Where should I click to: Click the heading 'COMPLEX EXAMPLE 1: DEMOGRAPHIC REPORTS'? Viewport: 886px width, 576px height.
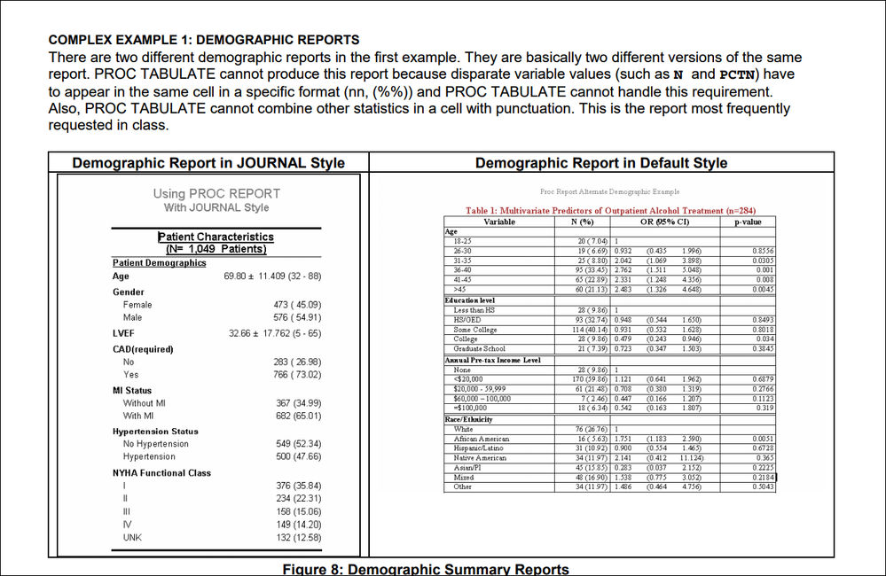click(203, 40)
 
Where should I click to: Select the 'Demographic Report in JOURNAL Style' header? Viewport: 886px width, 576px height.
click(208, 163)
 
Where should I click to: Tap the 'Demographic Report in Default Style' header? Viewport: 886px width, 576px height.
click(601, 163)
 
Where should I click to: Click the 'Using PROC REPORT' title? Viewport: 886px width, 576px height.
click(216, 193)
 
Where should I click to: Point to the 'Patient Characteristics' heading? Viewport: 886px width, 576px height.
click(216, 237)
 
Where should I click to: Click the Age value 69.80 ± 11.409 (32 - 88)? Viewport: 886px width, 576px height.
click(272, 276)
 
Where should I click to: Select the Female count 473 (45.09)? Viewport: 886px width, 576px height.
click(299, 305)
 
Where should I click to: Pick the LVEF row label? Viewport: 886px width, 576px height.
click(123, 333)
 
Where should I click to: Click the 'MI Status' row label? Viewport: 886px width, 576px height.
click(132, 390)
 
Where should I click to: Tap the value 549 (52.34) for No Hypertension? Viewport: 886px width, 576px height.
click(299, 444)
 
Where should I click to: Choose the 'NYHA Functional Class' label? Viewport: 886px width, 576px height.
click(161, 472)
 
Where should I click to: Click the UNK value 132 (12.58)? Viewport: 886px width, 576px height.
click(299, 537)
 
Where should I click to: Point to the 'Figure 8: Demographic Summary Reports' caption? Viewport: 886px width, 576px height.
click(425, 569)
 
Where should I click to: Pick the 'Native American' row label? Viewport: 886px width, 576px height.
click(480, 458)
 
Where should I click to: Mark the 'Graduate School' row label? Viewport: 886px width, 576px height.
click(480, 349)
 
